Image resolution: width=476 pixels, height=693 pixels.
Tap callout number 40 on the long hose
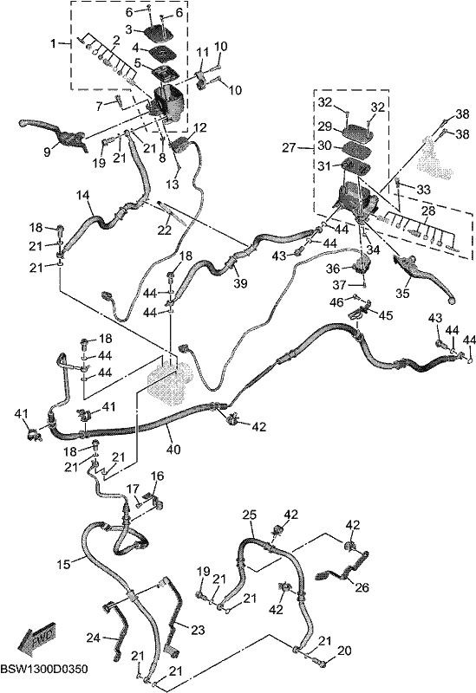[x=173, y=449]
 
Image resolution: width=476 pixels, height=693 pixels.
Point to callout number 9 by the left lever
[x=48, y=152]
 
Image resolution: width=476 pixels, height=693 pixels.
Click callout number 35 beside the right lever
[x=403, y=293]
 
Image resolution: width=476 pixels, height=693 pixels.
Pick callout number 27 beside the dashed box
[x=289, y=147]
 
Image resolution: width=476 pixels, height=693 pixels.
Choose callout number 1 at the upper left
[x=54, y=44]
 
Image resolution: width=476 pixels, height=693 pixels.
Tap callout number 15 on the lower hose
[x=64, y=565]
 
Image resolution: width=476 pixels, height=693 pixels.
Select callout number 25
[x=250, y=515]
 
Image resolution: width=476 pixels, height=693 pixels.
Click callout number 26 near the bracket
[x=362, y=587]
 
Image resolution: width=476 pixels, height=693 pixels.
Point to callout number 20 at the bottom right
[x=344, y=651]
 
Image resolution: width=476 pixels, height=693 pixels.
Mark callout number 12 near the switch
[x=200, y=128]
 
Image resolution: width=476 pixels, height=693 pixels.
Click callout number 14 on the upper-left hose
[x=82, y=194]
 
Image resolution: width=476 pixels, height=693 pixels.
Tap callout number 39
[x=241, y=283]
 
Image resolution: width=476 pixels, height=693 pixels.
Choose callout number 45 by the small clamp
[x=385, y=315]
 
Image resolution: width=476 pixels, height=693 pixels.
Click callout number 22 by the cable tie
[x=165, y=230]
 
